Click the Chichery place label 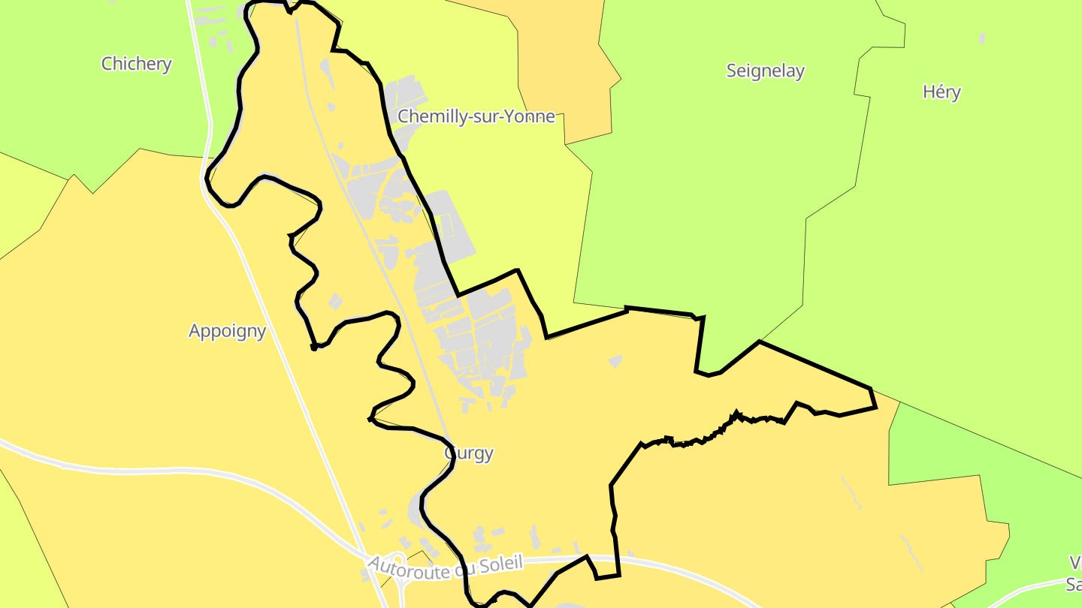136,64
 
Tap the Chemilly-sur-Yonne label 476,116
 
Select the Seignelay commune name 765,71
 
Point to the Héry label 941,92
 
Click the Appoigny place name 227,331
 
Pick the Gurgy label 469,453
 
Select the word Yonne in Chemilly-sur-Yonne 530,116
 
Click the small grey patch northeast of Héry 981,38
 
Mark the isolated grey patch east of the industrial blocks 615,361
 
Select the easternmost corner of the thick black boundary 875,408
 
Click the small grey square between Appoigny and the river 335,301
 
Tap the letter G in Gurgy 452,453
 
